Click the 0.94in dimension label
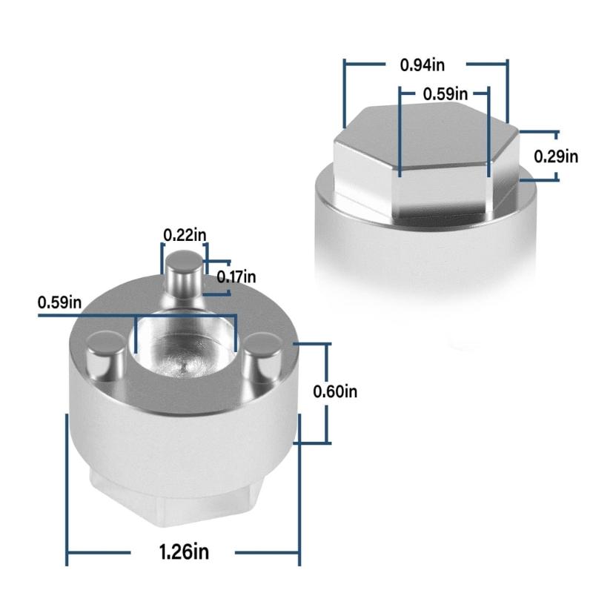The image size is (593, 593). click(423, 65)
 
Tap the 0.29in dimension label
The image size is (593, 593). click(556, 156)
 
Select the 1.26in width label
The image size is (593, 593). click(184, 551)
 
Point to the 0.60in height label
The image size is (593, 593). click(335, 391)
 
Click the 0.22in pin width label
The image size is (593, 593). click(185, 235)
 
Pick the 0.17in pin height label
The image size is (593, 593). click(236, 276)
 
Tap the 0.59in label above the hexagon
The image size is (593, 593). click(445, 94)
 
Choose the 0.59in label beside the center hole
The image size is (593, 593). click(59, 302)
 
